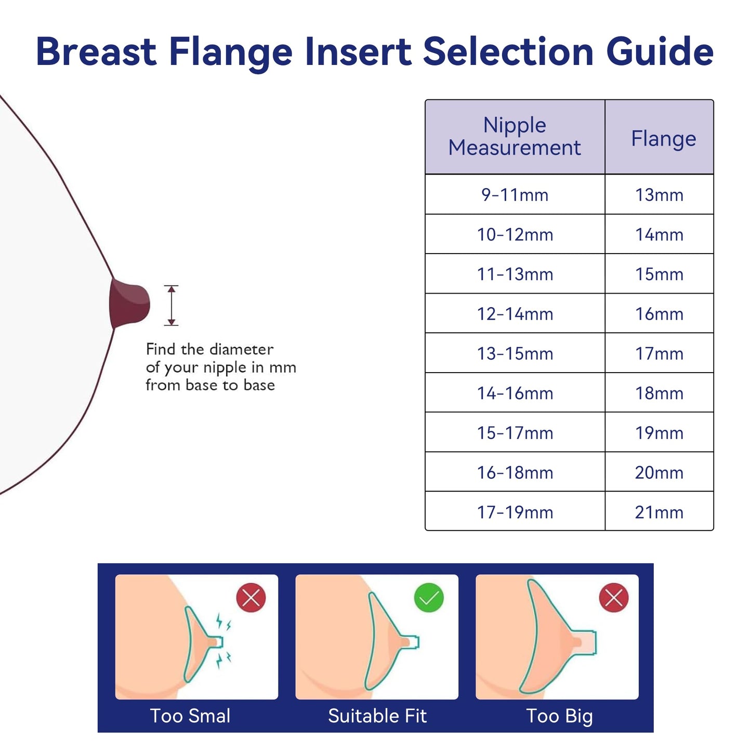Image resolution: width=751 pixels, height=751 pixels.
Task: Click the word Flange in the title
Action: [231, 52]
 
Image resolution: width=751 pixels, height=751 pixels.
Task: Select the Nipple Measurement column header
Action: [515, 137]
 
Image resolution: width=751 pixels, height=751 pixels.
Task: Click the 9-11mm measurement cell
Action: [515, 195]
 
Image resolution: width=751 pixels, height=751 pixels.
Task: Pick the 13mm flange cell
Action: [659, 195]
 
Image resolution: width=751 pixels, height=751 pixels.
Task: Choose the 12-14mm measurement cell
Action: [515, 314]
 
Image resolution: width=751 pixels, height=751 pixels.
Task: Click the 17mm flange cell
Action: [659, 354]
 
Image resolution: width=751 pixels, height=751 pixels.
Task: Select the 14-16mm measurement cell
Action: [515, 393]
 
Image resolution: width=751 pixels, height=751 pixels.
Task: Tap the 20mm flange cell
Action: [659, 473]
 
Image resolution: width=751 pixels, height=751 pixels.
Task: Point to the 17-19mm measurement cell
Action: [515, 512]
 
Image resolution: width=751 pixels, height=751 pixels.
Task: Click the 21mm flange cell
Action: [659, 512]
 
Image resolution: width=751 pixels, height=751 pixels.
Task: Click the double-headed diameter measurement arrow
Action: [171, 306]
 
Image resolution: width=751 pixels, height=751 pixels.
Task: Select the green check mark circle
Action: [429, 598]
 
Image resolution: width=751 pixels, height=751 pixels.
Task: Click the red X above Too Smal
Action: [251, 598]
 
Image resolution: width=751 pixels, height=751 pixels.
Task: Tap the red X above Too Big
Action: [614, 598]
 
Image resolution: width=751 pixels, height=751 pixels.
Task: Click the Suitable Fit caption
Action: [377, 716]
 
